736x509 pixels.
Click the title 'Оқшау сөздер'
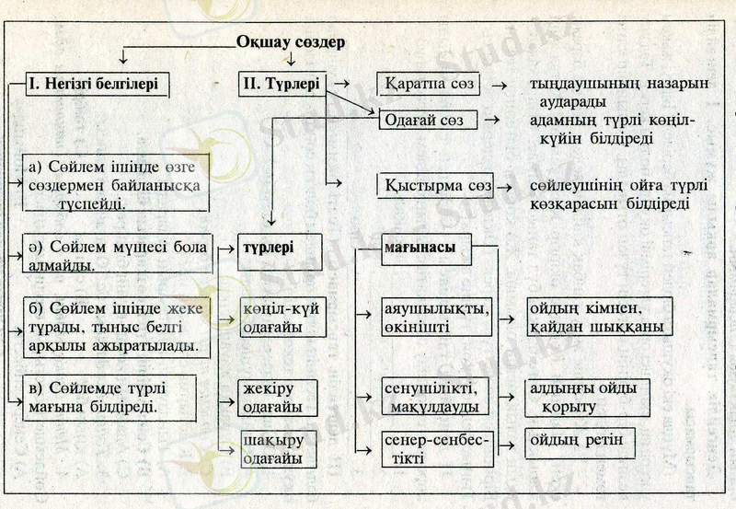[290, 41]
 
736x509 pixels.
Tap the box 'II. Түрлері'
[282, 85]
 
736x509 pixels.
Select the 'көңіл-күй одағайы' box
[280, 316]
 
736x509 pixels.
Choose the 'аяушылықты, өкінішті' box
[436, 316]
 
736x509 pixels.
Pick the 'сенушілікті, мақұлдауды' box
[436, 396]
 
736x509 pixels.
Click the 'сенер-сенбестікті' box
[436, 446]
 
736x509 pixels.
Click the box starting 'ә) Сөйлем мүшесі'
[117, 254]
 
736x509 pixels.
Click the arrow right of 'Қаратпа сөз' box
[500, 86]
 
